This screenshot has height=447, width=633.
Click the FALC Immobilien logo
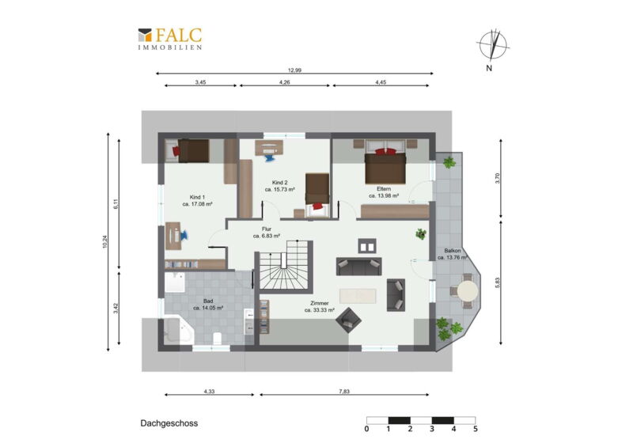coord(170,39)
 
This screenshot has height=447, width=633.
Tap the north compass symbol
coord(492,45)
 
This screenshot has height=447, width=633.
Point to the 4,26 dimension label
coord(285,82)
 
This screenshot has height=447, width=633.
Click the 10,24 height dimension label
coord(105,241)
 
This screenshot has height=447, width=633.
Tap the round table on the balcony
coord(468,290)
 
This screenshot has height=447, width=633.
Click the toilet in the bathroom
coord(217,339)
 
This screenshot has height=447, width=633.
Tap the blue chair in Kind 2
coord(270,156)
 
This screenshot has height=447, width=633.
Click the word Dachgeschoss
coord(169,423)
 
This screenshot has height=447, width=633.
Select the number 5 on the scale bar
coord(476,429)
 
